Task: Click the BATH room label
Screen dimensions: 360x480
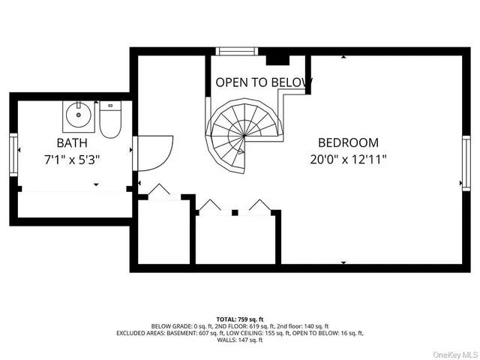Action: (72, 142)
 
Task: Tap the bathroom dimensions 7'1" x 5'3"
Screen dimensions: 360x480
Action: (72, 159)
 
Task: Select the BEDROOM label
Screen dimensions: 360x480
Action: (348, 142)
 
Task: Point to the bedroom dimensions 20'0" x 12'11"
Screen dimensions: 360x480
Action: (348, 159)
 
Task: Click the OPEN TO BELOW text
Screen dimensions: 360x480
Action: (264, 82)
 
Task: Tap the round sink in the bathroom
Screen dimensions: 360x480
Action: (78, 116)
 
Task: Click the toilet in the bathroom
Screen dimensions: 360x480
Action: (110, 120)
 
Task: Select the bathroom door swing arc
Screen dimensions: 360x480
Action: (154, 152)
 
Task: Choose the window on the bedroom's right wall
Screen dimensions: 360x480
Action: (466, 163)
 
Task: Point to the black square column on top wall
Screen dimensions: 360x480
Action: (275, 56)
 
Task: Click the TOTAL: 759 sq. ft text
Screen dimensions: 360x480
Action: (240, 319)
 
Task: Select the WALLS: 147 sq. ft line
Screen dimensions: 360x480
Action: (240, 340)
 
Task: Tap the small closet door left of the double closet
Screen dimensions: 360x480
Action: (160, 192)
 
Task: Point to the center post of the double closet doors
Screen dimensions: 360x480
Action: (234, 213)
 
